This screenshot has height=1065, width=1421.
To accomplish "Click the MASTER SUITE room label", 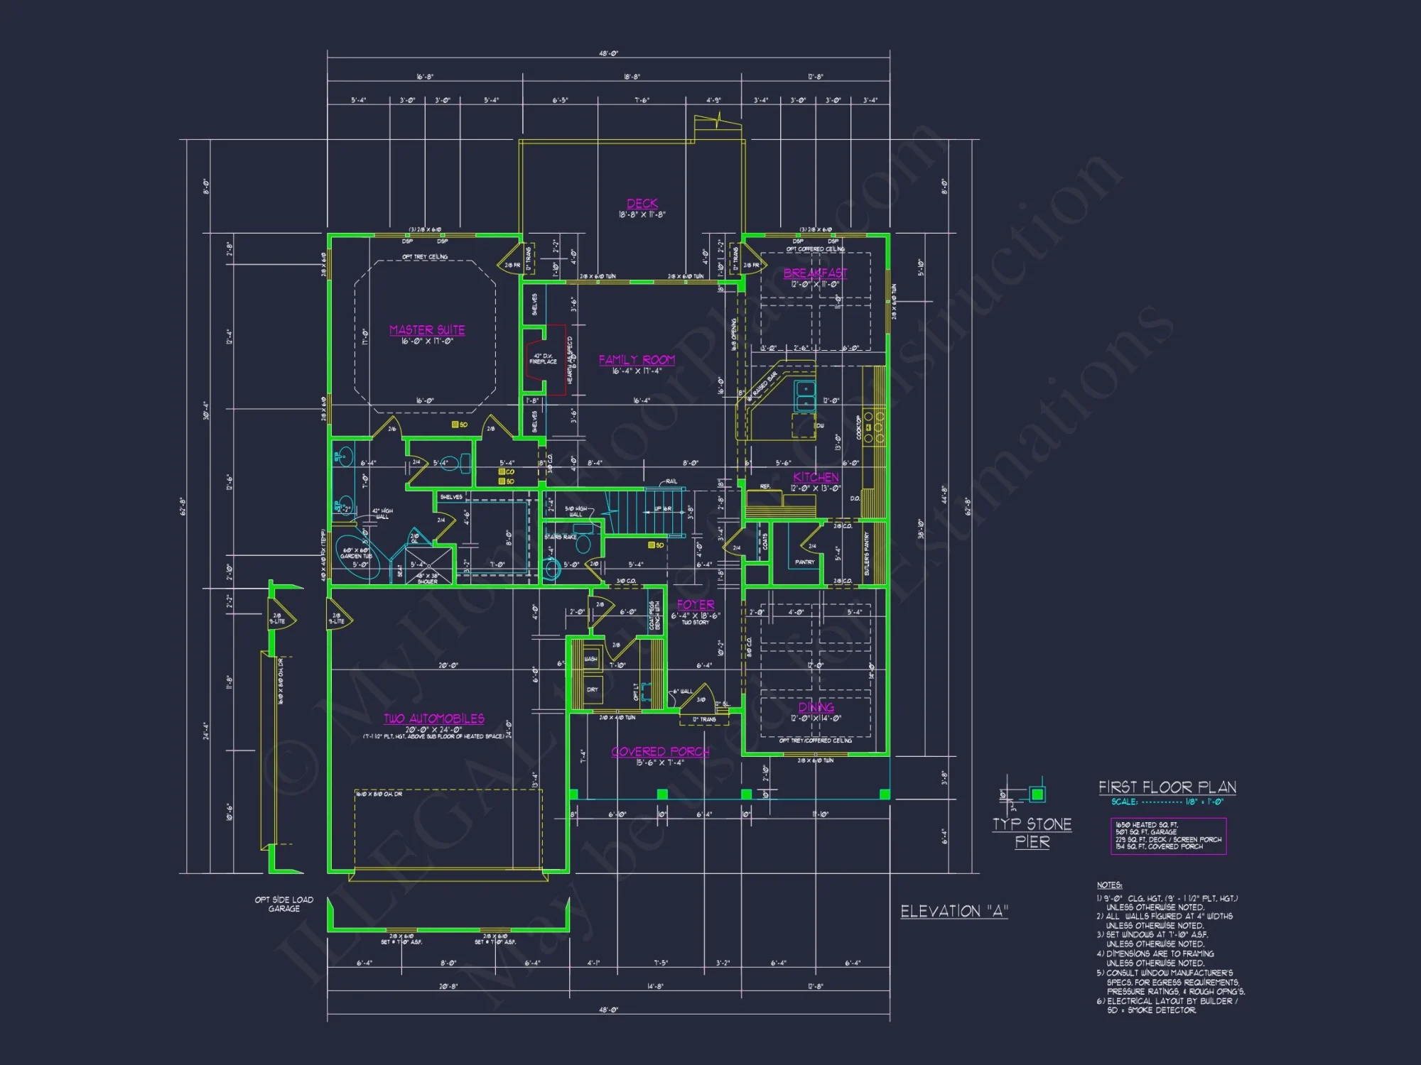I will [x=427, y=330].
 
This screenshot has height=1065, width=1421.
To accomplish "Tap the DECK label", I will [x=642, y=204].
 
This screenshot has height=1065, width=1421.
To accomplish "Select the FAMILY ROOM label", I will [x=637, y=360].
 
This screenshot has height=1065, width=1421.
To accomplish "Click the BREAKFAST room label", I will [x=815, y=273].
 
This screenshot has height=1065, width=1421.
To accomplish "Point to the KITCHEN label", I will [x=816, y=477].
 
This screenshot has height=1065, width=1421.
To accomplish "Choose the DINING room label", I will [x=816, y=707].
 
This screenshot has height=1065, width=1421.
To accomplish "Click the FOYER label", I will [x=696, y=605].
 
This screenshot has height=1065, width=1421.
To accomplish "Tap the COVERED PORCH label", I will [x=660, y=752].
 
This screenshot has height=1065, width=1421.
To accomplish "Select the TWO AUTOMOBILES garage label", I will [x=434, y=719].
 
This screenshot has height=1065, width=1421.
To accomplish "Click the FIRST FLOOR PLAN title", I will [x=1167, y=787].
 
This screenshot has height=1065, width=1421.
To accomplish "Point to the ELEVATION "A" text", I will [x=954, y=912].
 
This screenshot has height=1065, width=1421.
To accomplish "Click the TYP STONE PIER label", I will [x=1032, y=833].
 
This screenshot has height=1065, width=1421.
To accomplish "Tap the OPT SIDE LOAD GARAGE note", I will [x=284, y=904].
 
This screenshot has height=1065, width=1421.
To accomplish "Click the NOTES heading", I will [x=1109, y=885].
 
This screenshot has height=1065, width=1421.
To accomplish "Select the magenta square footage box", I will [x=1168, y=836].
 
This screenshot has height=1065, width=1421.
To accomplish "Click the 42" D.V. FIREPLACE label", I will [x=544, y=359].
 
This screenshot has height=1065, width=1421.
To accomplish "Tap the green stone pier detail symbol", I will [x=1037, y=794].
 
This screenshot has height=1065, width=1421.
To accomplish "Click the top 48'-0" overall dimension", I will [x=608, y=54].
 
